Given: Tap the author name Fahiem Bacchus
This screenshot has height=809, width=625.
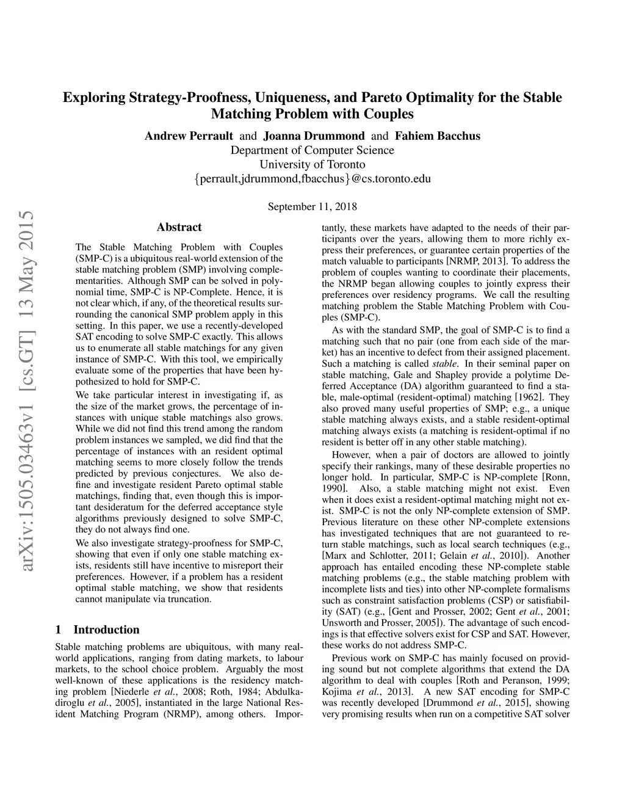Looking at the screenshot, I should [x=438, y=136].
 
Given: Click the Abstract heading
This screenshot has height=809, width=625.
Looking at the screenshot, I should [x=179, y=227].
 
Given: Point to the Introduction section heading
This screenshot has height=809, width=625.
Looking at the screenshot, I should [x=106, y=629].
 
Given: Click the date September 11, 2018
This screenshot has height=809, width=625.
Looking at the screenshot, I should [x=312, y=206].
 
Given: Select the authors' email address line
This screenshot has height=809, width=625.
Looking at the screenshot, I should [x=312, y=179].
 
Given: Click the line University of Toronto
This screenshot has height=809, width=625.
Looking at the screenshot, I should [x=312, y=164].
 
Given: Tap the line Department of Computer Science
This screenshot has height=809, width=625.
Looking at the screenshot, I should [x=312, y=150].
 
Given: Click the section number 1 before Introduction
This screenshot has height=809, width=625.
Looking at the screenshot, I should [x=58, y=629].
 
